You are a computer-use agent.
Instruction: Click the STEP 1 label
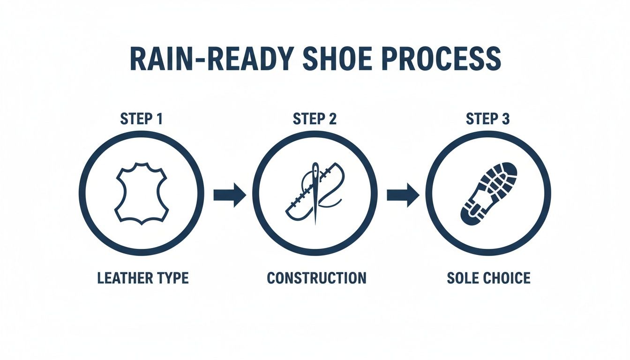(x=142, y=119)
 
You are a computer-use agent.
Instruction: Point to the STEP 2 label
(x=315, y=119)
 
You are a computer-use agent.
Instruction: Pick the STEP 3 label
(x=487, y=119)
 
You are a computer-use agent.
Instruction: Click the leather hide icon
(x=141, y=193)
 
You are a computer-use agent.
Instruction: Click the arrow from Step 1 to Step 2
(x=230, y=194)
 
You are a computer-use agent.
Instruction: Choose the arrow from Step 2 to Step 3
(x=403, y=194)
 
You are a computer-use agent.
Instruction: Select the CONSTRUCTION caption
(x=316, y=277)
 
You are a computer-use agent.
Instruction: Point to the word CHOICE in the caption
(x=509, y=277)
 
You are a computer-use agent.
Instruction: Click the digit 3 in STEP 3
(x=505, y=119)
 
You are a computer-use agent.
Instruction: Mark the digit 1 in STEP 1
(x=159, y=119)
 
